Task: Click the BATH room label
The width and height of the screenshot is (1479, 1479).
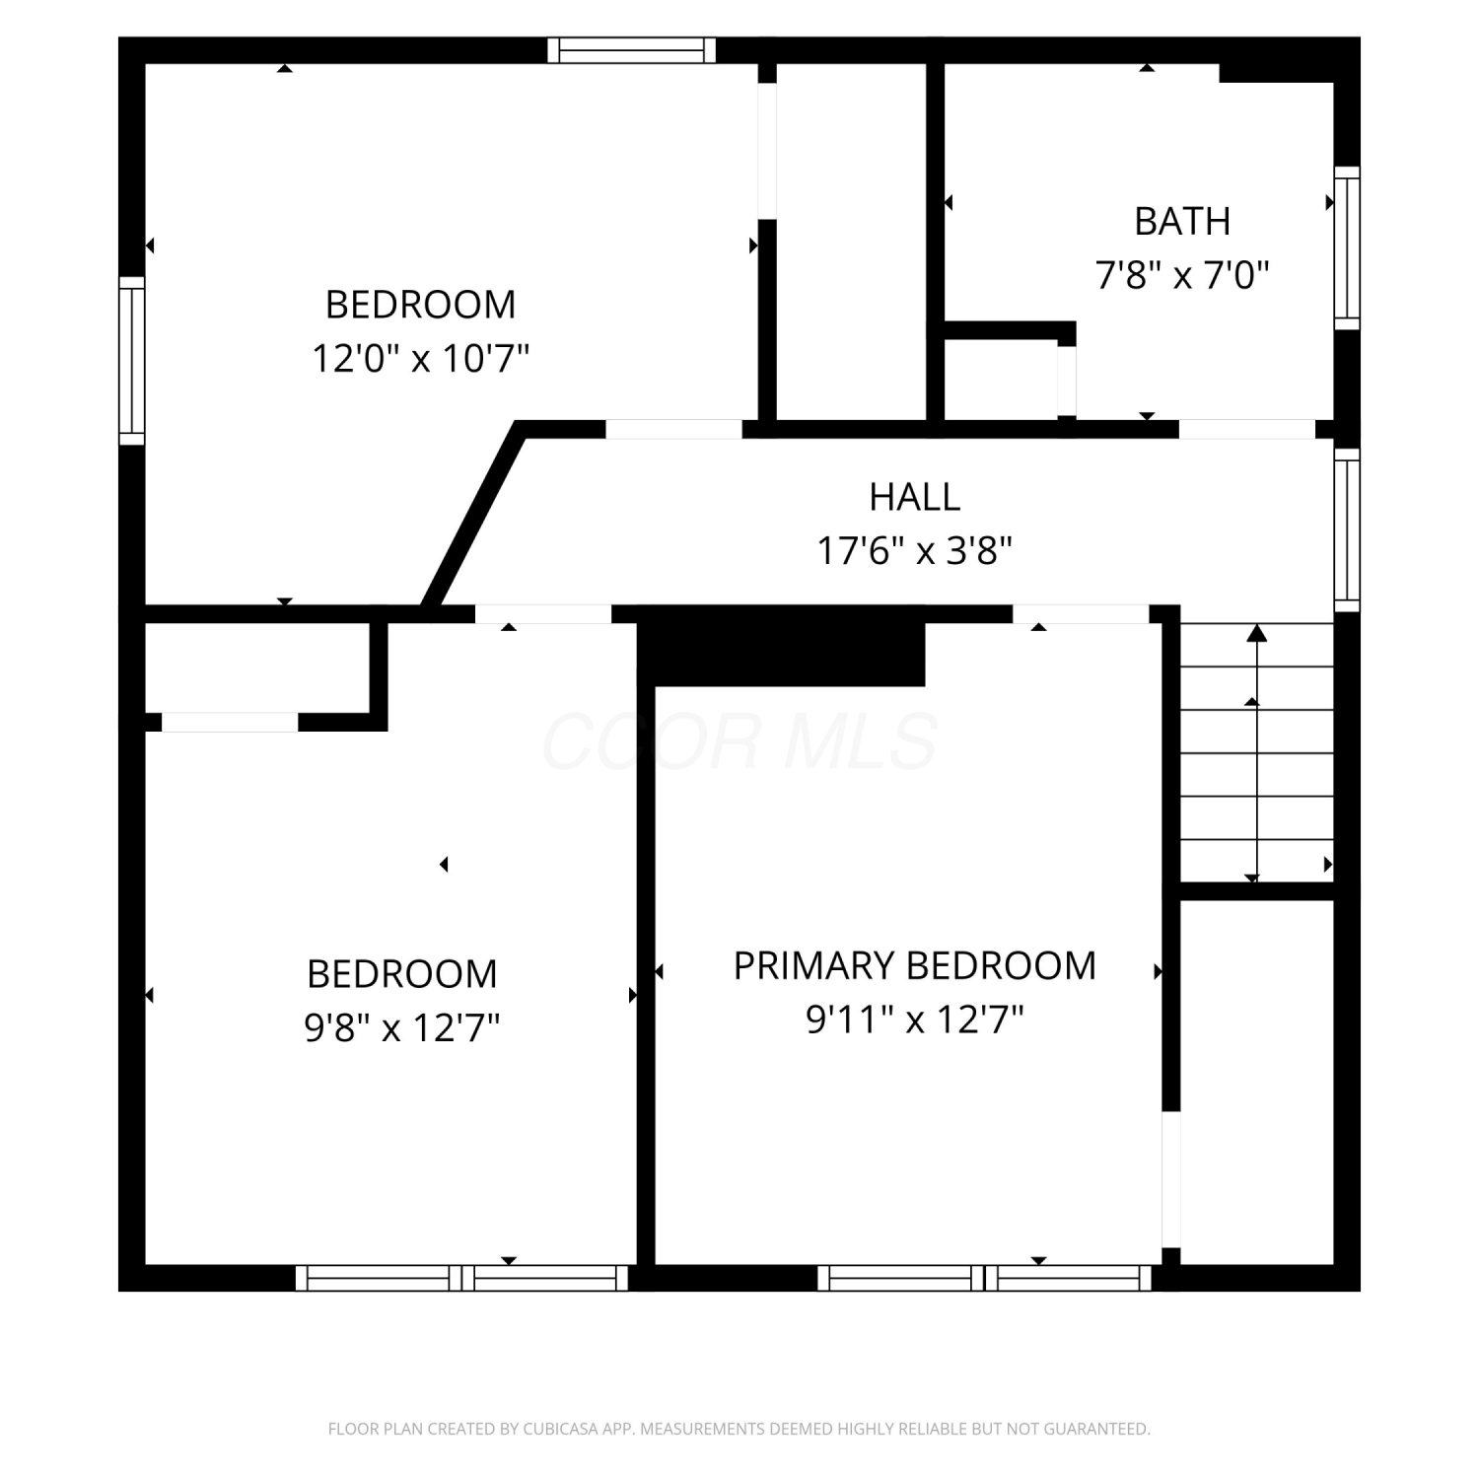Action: pos(1182,222)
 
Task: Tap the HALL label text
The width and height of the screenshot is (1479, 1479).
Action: pos(915,497)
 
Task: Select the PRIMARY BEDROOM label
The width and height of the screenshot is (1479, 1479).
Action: pos(915,966)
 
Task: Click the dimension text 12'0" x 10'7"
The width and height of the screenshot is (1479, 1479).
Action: pos(421,358)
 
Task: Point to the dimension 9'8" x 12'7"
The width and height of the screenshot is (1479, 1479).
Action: pos(402,1028)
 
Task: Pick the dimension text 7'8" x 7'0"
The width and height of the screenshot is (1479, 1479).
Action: pos(1182,275)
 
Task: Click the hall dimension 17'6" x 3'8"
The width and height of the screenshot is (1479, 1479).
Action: pos(915,550)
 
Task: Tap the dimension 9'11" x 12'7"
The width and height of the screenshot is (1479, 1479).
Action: pos(915,1020)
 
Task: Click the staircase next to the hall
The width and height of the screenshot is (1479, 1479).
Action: pos(1257,753)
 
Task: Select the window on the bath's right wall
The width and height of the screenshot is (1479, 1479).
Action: pos(1347,247)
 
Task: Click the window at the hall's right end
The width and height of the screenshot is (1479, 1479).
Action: pos(1347,529)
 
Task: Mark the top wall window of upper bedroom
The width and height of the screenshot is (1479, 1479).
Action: pos(632,50)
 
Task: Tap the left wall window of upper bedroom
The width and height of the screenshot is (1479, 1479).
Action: pos(132,361)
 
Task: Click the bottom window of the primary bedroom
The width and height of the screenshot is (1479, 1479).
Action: pos(985,1278)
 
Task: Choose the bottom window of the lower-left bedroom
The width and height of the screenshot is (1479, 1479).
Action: pos(462,1278)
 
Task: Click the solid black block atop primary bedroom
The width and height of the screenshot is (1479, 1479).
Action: pos(781,654)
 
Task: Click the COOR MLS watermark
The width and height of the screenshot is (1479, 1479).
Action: pos(739,741)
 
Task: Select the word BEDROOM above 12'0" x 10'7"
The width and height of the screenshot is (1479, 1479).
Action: pos(421,305)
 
